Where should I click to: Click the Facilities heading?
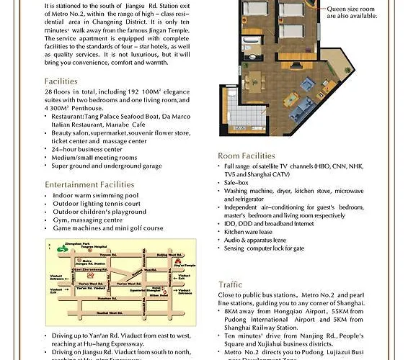coord(61,81)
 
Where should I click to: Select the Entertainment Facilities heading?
coord(89,185)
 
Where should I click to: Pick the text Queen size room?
coord(355,9)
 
